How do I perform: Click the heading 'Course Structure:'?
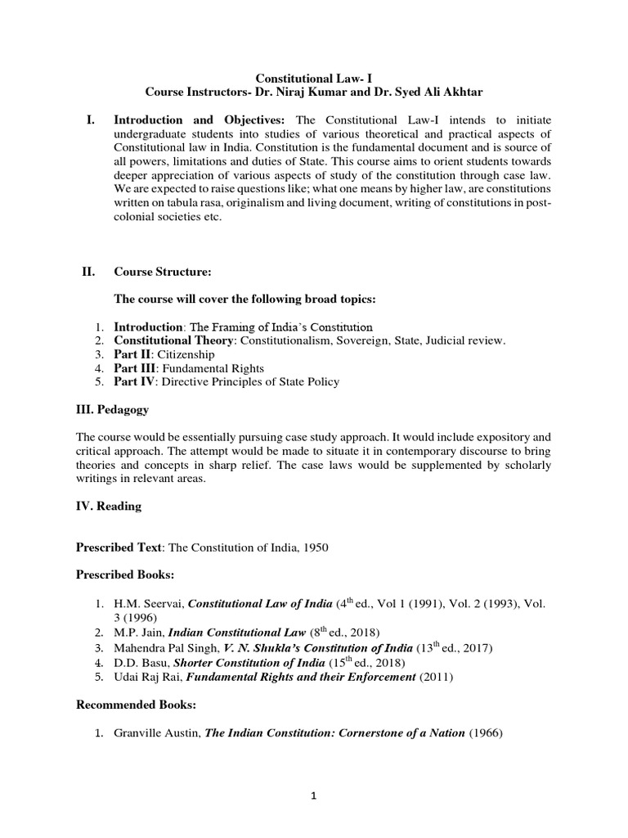pos(157,271)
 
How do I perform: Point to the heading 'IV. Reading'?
pos(109,506)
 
